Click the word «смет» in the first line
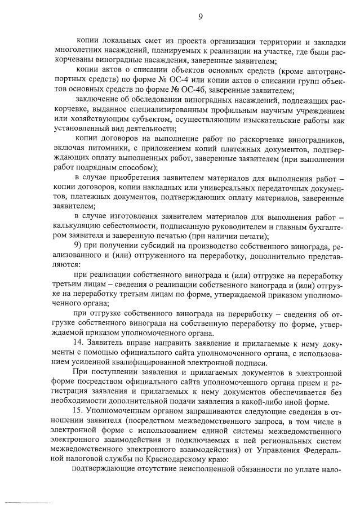[148, 42]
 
